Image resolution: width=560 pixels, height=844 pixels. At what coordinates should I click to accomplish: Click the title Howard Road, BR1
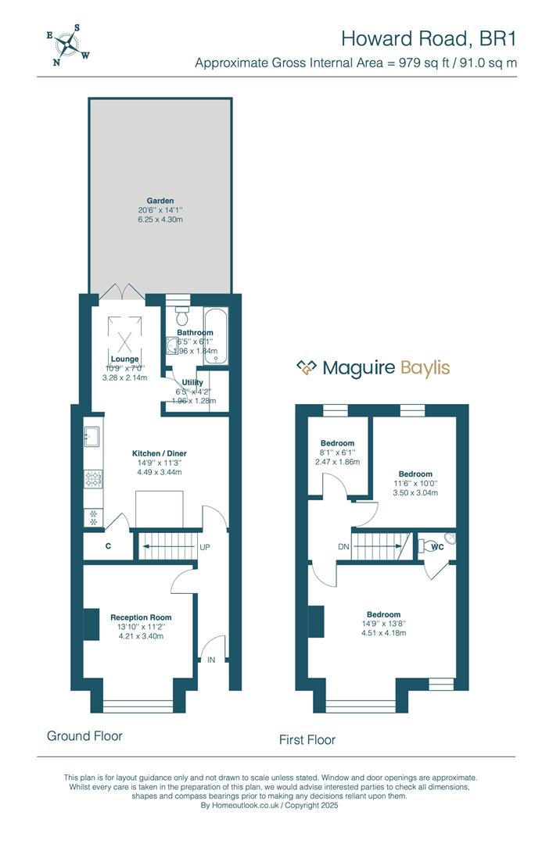(429, 38)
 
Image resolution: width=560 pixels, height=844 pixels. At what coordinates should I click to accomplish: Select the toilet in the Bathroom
(182, 316)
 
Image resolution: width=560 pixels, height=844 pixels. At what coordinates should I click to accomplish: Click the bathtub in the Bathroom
(215, 334)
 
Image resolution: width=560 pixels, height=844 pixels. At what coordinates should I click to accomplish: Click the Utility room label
(192, 383)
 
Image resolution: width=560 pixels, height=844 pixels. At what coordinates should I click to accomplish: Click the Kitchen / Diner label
(160, 453)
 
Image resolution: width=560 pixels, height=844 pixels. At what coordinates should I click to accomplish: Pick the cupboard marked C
(107, 546)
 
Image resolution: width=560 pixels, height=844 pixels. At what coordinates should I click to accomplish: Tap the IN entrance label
(211, 660)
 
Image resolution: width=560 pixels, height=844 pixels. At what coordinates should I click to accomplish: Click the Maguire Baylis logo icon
(307, 367)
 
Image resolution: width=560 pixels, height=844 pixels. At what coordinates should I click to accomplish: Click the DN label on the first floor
(343, 546)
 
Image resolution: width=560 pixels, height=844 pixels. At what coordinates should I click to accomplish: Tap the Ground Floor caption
(84, 735)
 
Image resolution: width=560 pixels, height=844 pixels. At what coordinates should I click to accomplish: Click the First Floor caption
(307, 739)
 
